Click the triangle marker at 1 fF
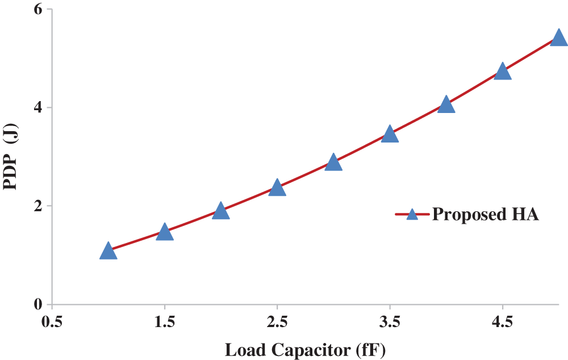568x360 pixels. pos(108,251)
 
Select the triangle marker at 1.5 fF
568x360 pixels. pos(164,232)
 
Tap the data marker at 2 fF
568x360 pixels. pos(220,211)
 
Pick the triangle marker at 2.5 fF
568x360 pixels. pos(277,187)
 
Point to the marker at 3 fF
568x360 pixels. pos(333,163)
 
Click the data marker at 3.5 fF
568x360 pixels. pos(390,135)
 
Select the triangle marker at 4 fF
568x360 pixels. pos(446,105)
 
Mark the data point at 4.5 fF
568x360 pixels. pos(503,72)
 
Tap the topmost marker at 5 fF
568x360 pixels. pos(559,39)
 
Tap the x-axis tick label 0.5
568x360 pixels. pos(52,323)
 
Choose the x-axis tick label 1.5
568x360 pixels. pos(164,323)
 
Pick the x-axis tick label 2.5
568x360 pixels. pos(277,323)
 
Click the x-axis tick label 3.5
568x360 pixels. pos(390,323)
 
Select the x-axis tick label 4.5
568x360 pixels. pos(503,323)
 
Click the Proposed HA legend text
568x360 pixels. pos(485,215)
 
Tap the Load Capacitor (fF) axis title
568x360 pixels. pos(306,350)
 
